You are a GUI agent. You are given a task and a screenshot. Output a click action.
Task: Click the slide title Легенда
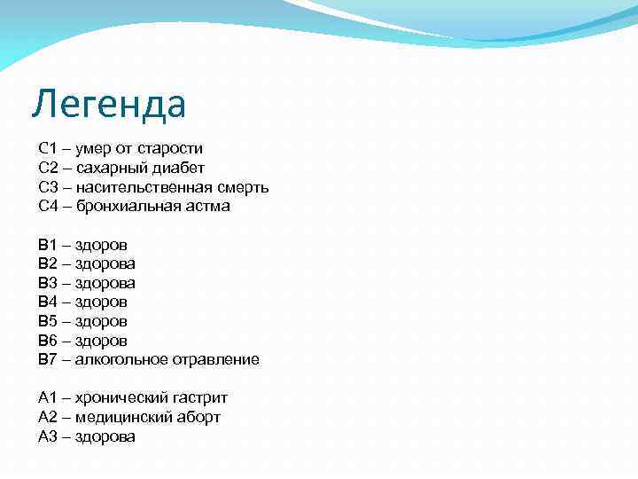(x=109, y=105)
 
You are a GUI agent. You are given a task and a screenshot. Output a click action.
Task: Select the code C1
(x=48, y=148)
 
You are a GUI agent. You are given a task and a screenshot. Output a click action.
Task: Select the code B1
(x=48, y=245)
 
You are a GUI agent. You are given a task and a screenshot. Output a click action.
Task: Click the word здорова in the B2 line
(x=105, y=263)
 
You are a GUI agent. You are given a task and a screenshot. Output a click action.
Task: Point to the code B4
(x=48, y=302)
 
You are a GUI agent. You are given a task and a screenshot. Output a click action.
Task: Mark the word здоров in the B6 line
(x=101, y=341)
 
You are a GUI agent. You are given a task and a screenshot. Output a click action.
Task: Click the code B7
(x=48, y=359)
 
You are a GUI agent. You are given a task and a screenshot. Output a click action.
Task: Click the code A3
(x=48, y=436)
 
